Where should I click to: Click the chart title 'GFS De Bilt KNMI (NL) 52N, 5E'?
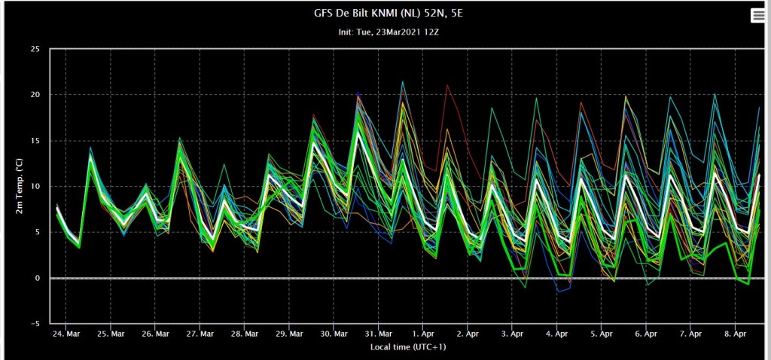click(x=388, y=14)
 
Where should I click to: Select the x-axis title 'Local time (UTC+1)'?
click(x=408, y=347)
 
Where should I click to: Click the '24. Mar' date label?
click(x=66, y=334)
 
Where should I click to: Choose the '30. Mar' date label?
click(x=334, y=334)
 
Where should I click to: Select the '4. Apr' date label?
click(x=556, y=334)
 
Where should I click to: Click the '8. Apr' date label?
click(x=735, y=334)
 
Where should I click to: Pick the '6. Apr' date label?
click(x=646, y=334)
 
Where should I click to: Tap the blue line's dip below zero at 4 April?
click(x=559, y=291)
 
